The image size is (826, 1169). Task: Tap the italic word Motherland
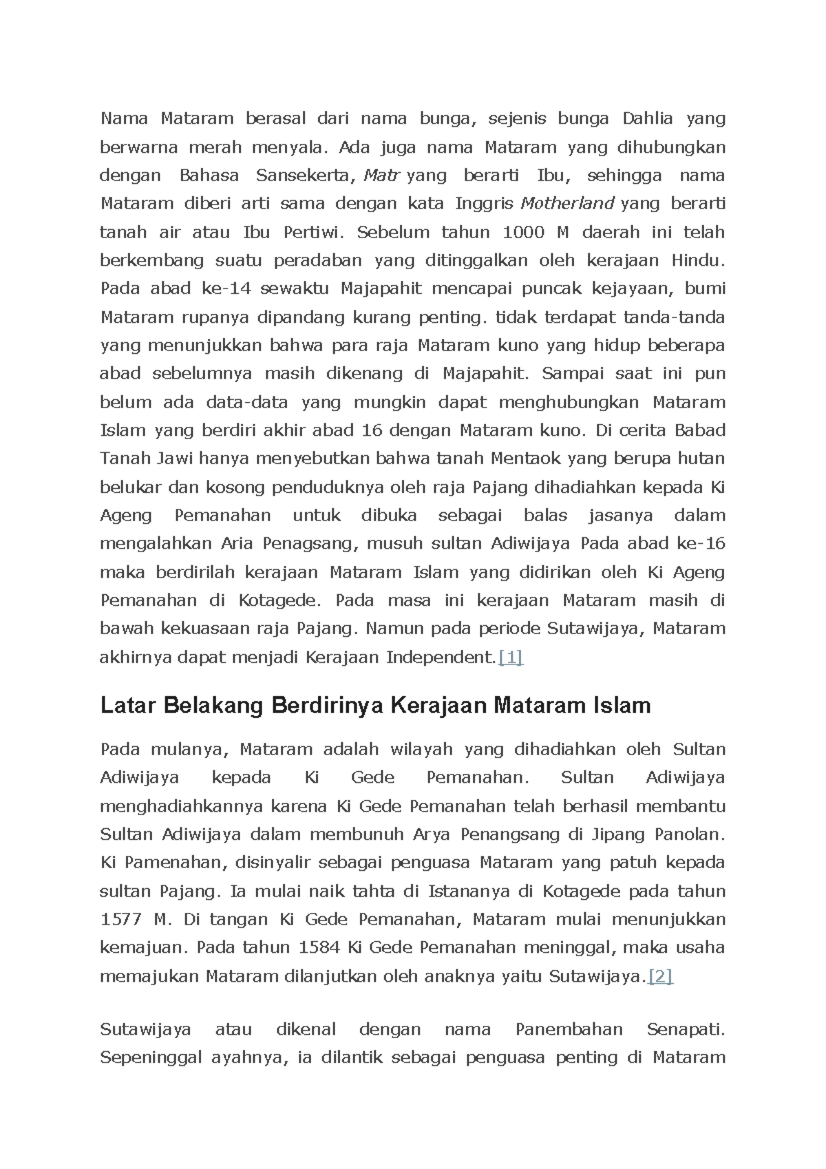click(x=567, y=204)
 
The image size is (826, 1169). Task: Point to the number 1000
click(x=523, y=232)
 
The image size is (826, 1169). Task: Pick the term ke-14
click(x=226, y=288)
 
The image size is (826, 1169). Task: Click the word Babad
click(x=700, y=430)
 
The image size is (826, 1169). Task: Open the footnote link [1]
click(x=510, y=657)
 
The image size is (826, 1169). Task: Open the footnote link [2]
click(x=660, y=976)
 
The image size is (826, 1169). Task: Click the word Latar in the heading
click(x=125, y=706)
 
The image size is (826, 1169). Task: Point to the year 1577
click(x=121, y=920)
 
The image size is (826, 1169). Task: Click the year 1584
click(x=319, y=948)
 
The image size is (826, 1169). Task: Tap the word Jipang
click(x=614, y=835)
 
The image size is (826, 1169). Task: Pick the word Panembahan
click(x=569, y=1030)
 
